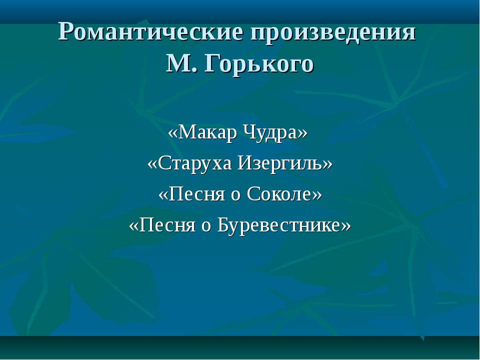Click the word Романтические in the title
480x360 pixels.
pyautogui.click(x=150, y=32)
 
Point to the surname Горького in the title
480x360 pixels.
pyautogui.click(x=259, y=64)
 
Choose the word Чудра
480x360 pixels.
pyautogui.click(x=270, y=133)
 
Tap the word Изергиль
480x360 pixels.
pyautogui.click(x=280, y=163)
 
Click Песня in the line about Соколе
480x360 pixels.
pyautogui.click(x=196, y=194)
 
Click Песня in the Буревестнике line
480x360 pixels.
pyautogui.click(x=167, y=224)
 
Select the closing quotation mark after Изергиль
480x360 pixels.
pyautogui.click(x=327, y=164)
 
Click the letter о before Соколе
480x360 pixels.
pyautogui.click(x=235, y=195)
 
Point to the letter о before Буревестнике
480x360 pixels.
pyautogui.click(x=206, y=227)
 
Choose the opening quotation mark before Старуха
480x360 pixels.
pyautogui.click(x=152, y=164)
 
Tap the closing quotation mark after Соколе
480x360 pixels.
pyautogui.click(x=317, y=195)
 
